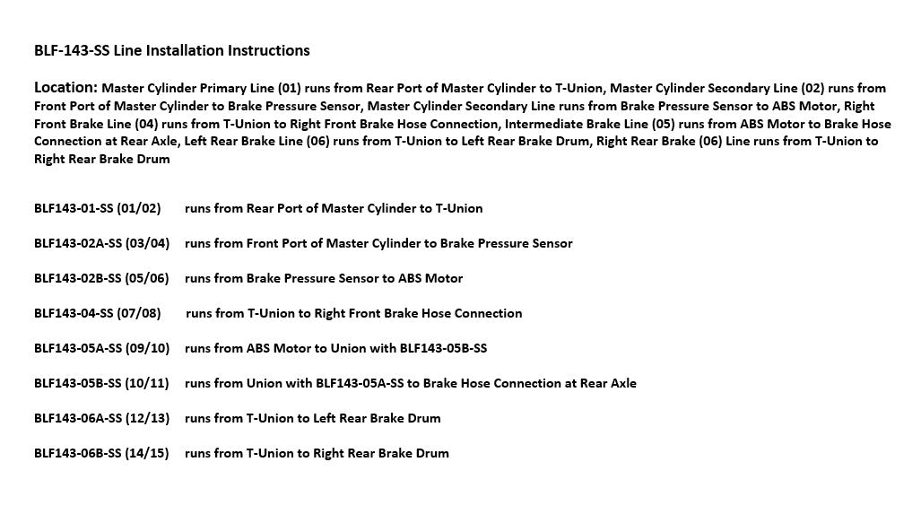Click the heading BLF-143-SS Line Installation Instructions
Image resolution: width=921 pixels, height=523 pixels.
(172, 51)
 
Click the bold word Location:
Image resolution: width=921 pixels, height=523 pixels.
(65, 88)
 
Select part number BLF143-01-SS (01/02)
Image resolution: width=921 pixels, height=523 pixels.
(98, 208)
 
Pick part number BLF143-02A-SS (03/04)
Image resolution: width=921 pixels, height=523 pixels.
(101, 243)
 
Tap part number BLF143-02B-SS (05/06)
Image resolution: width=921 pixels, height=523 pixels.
(101, 278)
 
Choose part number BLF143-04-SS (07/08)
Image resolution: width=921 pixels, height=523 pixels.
(98, 313)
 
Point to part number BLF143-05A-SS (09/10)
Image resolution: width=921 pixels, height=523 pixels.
(101, 348)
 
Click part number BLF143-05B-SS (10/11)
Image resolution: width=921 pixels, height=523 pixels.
(101, 383)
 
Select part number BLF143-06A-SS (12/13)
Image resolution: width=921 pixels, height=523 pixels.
(101, 418)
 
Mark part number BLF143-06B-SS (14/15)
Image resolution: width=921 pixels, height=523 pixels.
(101, 453)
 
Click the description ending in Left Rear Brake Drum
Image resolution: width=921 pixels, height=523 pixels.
(313, 418)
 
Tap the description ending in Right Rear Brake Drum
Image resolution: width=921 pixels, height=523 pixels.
(317, 453)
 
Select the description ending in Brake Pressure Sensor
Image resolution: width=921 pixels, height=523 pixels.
(378, 243)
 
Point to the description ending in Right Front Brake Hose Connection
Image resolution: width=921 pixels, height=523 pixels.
(354, 313)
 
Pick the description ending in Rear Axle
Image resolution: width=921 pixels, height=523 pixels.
(411, 383)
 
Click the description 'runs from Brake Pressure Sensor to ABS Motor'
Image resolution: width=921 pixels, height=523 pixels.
(324, 278)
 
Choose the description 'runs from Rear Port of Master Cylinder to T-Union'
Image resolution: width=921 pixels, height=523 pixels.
(334, 208)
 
